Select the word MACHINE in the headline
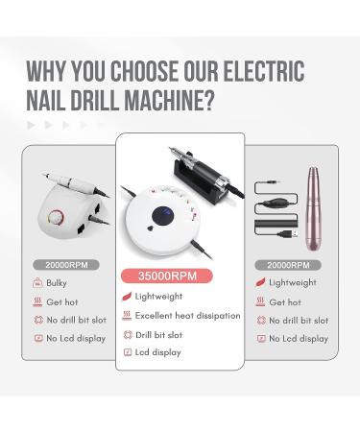[x=163, y=100]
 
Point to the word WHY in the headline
[x=48, y=71]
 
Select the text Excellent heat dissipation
[x=187, y=315]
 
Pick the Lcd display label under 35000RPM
[x=158, y=351]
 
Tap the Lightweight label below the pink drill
[x=293, y=283]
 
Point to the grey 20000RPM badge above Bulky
[x=64, y=264]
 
